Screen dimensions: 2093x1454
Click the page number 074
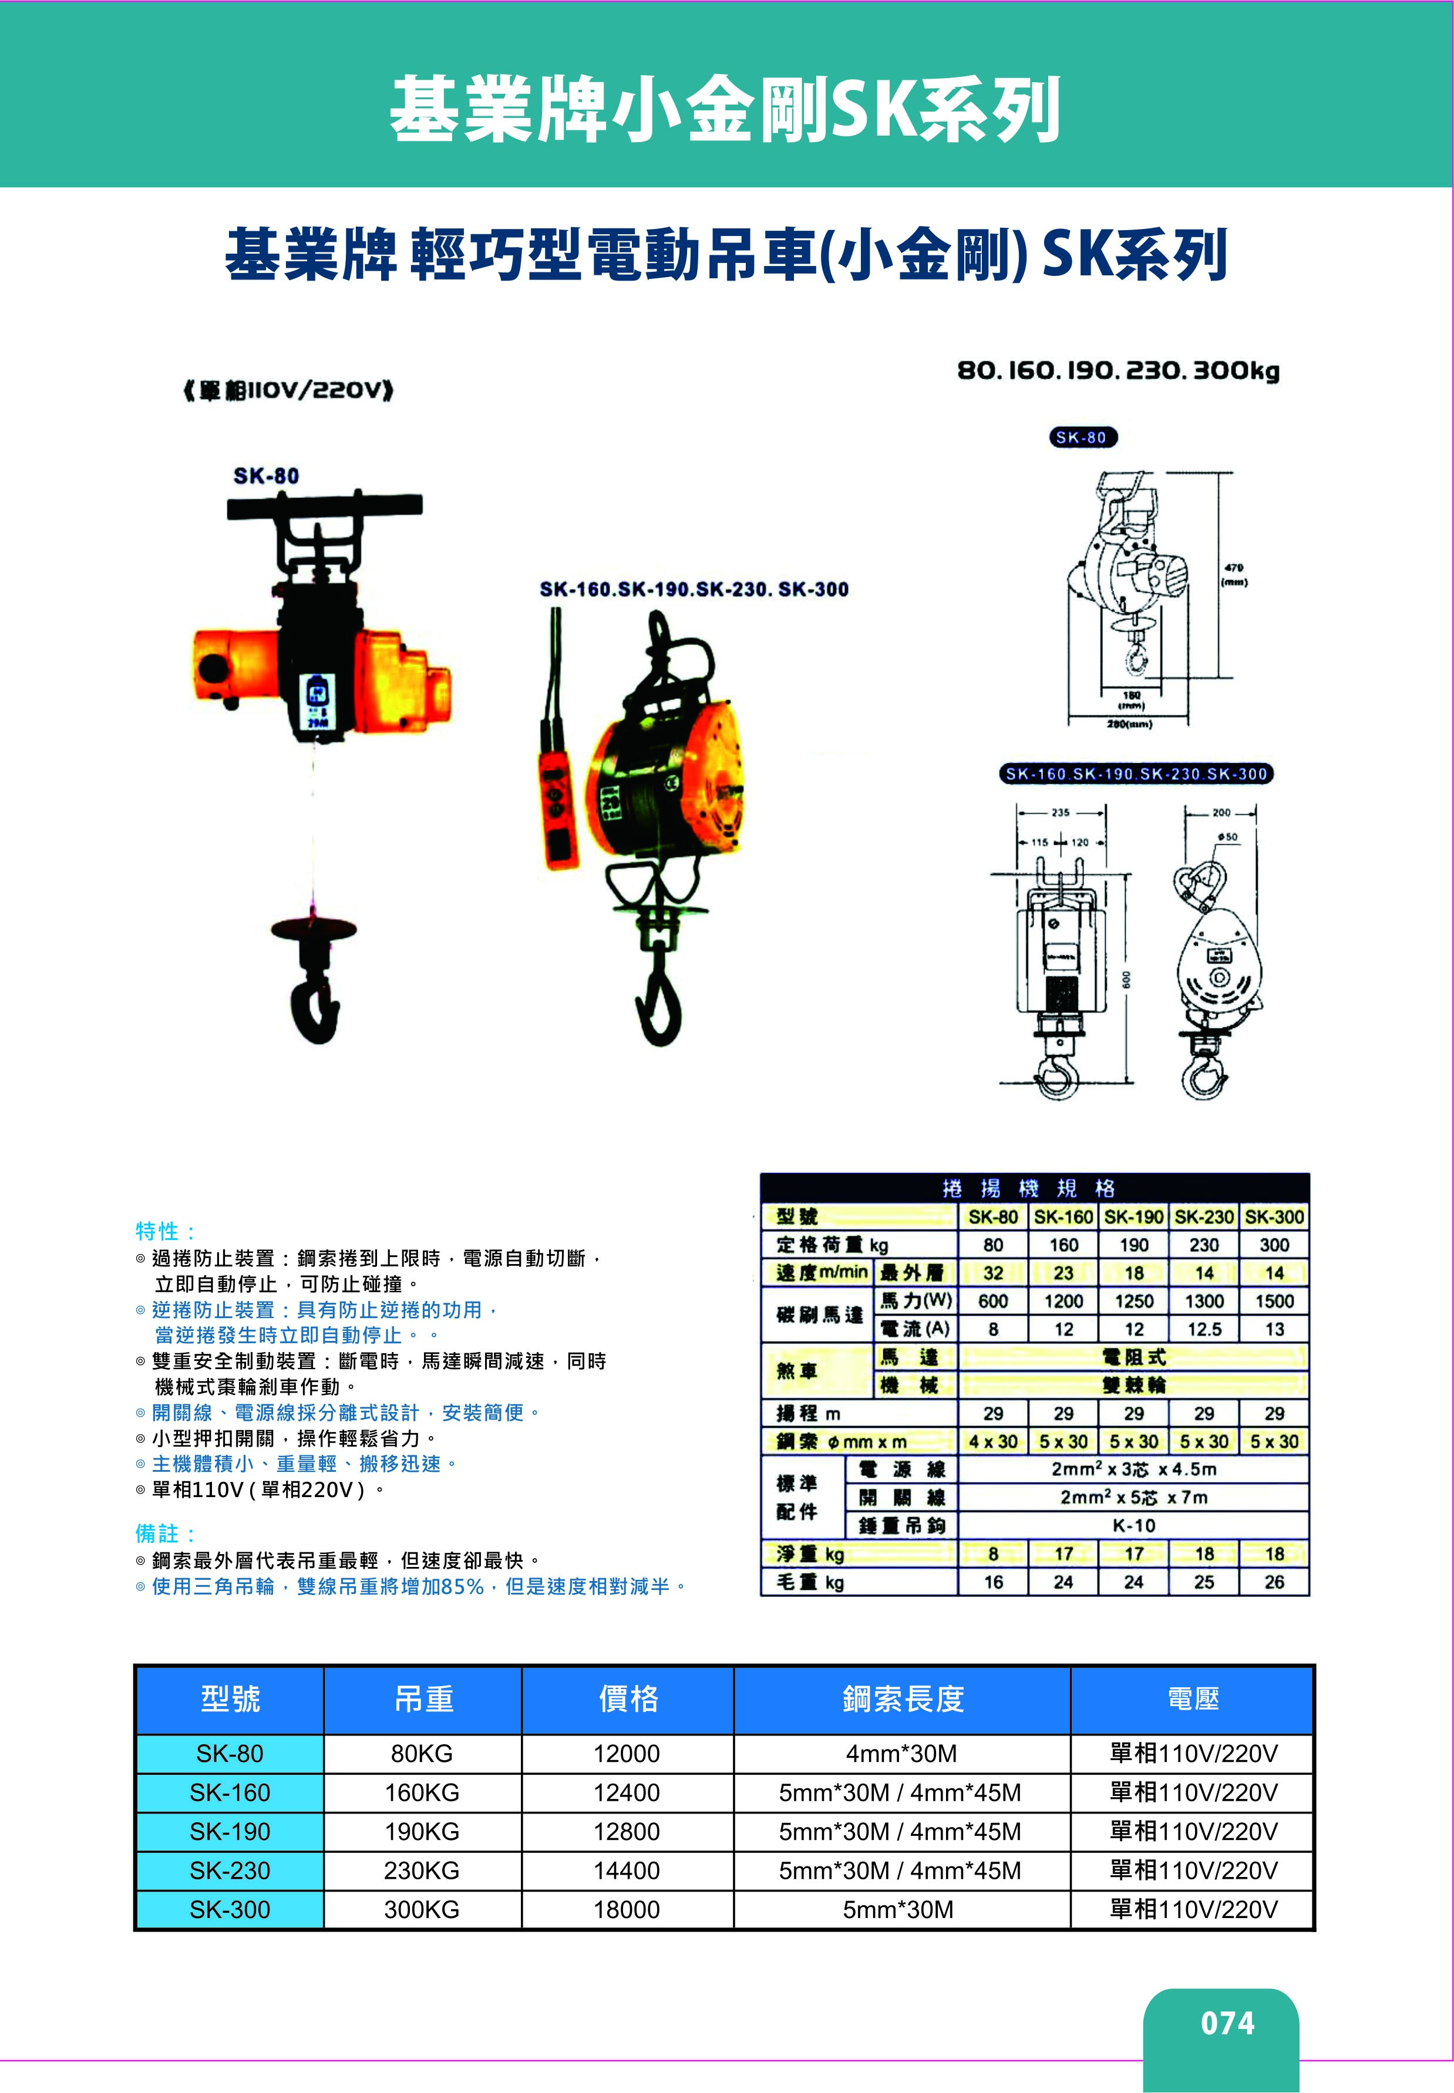pos(1227,2023)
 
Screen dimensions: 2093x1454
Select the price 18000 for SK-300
pos(627,1910)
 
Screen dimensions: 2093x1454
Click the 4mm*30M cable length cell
pos(900,1753)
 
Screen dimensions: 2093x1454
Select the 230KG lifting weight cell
pos(422,1870)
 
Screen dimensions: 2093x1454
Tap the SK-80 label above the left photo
pos(266,476)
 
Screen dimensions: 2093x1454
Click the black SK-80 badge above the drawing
pos(1081,437)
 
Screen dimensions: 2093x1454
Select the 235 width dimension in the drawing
pos(1061,813)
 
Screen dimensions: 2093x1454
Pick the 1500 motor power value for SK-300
pos(1274,1300)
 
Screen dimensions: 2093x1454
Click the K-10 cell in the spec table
pos(1133,1525)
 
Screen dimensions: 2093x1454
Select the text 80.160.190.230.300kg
pos(1118,370)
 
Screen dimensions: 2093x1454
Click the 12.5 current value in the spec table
pos(1203,1329)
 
